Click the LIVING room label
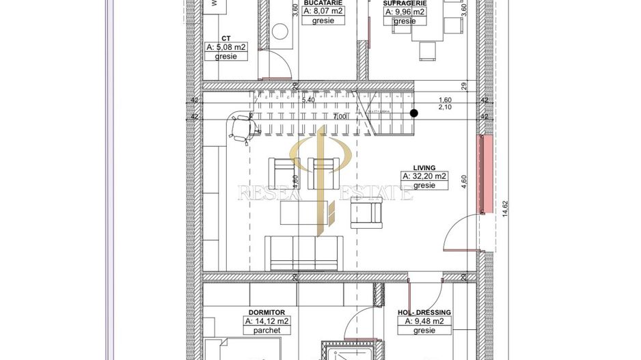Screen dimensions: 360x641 [424, 167]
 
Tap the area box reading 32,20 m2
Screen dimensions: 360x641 [424, 176]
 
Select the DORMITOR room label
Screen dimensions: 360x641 [267, 312]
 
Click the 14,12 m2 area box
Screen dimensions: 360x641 [267, 321]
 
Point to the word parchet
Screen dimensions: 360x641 [267, 330]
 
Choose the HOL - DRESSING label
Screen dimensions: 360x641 [424, 312]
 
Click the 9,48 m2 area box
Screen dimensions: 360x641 [424, 321]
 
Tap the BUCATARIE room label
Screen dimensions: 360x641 [323, 3]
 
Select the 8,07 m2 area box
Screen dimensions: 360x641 [323, 12]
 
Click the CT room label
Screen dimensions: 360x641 [226, 39]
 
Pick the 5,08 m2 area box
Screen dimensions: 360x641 [226, 48]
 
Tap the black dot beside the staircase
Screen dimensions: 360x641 [413, 113]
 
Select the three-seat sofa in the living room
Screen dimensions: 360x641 [304, 253]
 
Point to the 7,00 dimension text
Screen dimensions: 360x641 [340, 117]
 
